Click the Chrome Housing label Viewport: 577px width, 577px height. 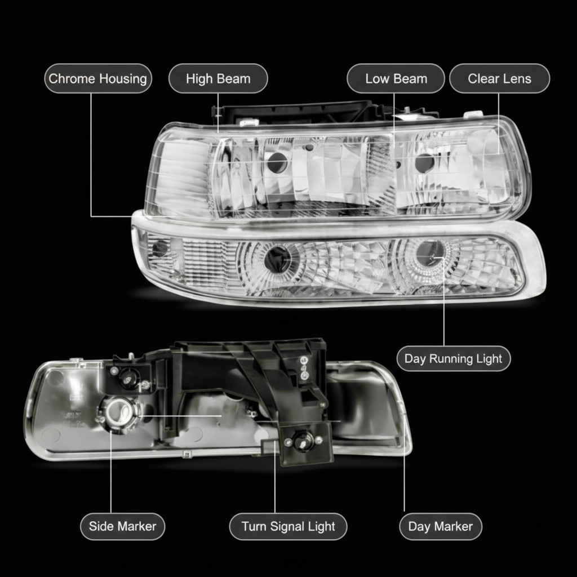click(97, 79)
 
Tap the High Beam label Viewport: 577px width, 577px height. click(218, 79)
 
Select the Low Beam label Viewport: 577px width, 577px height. click(396, 79)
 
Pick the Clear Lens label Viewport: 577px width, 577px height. click(499, 79)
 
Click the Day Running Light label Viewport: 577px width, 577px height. click(454, 359)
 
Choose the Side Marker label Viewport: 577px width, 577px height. click(122, 527)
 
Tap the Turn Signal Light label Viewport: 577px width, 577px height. click(288, 527)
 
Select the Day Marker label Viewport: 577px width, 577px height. click(441, 527)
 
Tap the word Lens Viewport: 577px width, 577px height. click(517, 79)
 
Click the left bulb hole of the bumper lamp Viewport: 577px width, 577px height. click(278, 258)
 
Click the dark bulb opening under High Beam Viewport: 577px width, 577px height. click(277, 162)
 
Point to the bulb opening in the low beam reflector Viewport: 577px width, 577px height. click(424, 163)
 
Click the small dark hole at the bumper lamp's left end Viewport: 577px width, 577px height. click(159, 248)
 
